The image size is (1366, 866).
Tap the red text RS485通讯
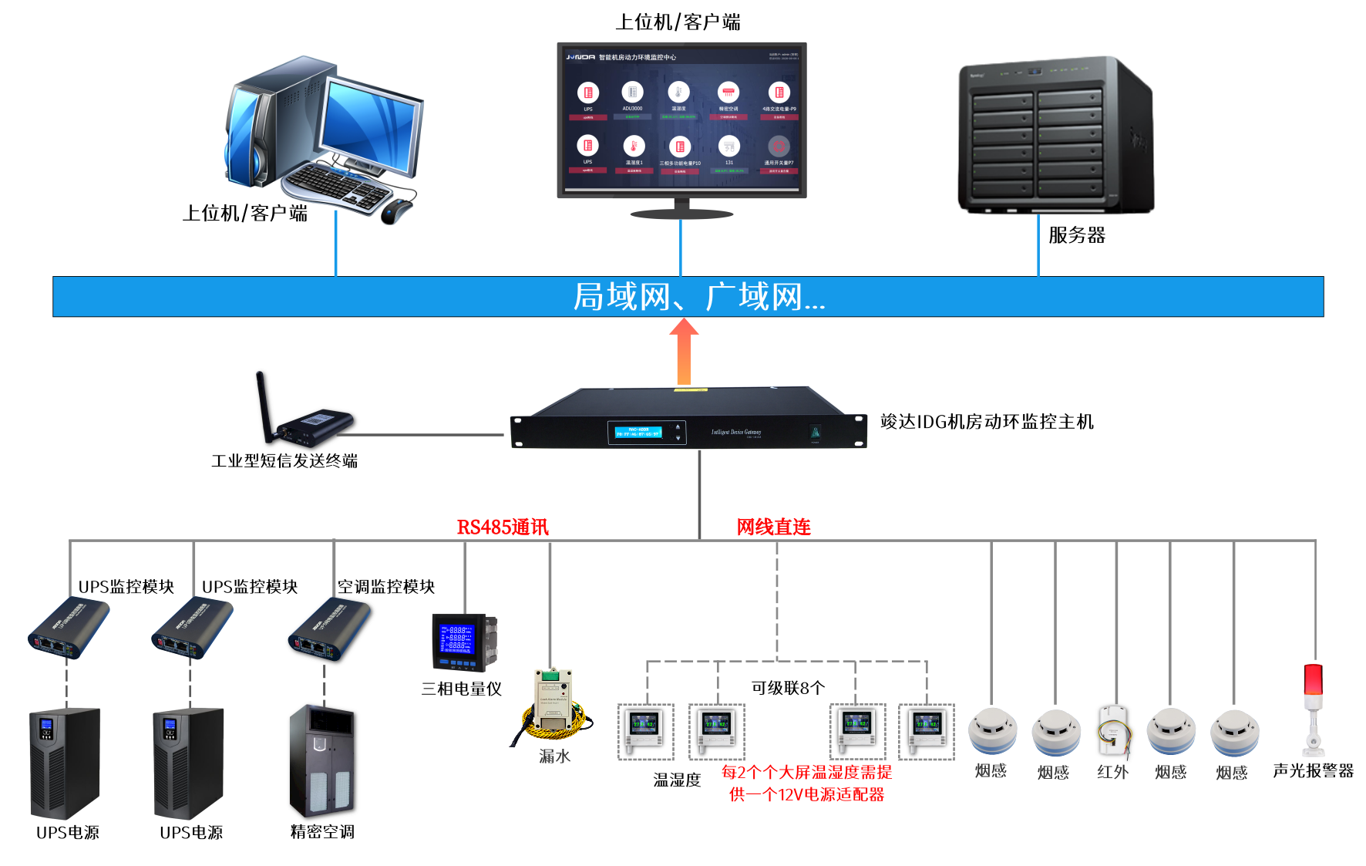(503, 527)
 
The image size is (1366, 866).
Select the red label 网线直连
(773, 527)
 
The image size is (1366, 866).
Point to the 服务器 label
(1077, 235)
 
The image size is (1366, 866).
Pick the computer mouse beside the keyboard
(396, 209)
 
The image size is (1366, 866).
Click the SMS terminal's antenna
(263, 405)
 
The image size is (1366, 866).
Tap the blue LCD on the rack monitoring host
(638, 433)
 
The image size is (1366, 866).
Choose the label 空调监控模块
(386, 587)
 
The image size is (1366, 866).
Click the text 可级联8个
(788, 688)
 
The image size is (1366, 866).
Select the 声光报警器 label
(1313, 771)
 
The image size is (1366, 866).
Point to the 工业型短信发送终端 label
(284, 461)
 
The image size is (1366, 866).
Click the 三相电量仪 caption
(461, 689)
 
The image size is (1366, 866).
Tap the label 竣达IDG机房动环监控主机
(987, 422)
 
